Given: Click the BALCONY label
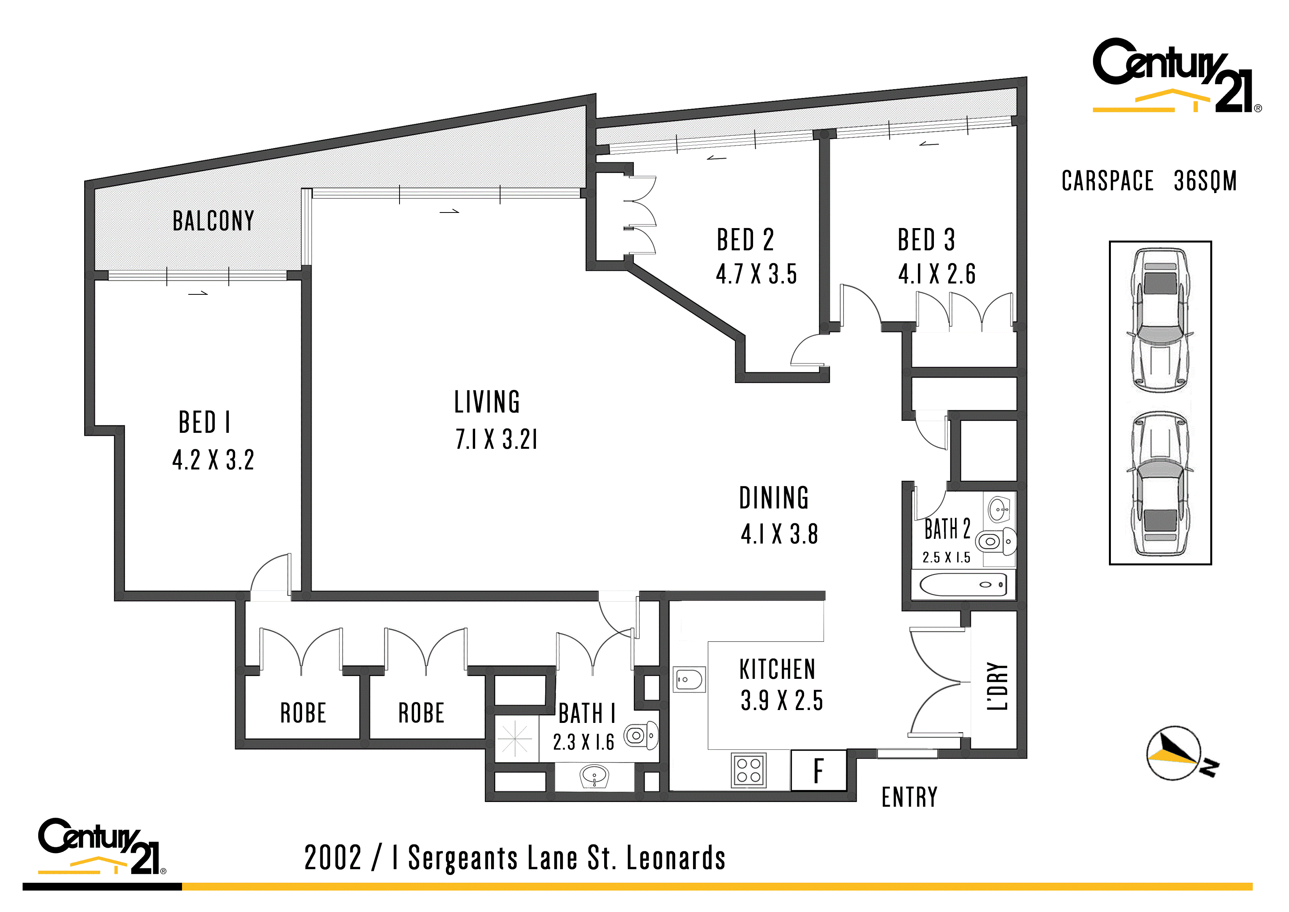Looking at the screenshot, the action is [213, 221].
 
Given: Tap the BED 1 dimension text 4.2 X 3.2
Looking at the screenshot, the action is [213, 460].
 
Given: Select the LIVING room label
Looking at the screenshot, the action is [487, 402].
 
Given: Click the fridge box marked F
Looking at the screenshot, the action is [819, 770].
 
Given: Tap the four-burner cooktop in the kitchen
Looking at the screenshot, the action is [749, 770].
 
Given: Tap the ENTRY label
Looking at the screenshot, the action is [909, 797].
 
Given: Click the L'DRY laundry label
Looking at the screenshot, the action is [997, 686].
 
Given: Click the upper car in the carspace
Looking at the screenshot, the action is [1160, 321].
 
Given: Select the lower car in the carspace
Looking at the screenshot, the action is [1160, 484].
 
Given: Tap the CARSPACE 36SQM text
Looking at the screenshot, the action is [1149, 181].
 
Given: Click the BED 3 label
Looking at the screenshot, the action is [927, 240].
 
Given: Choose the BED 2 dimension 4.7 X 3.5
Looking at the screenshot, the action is [756, 274].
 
